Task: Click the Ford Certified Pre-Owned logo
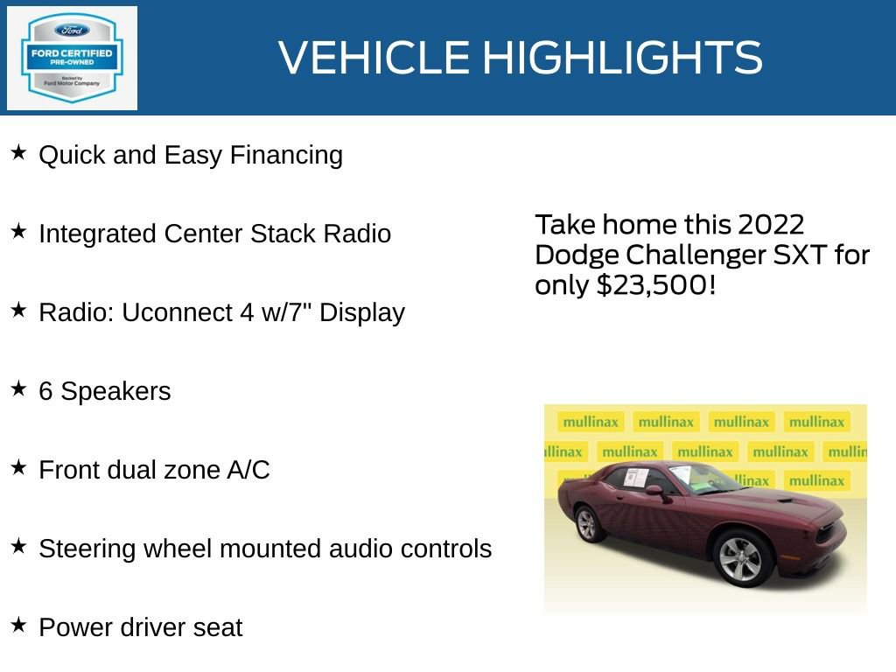tap(72, 58)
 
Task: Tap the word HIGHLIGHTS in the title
tap(622, 58)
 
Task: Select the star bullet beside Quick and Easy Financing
tap(18, 153)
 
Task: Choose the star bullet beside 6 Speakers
tap(18, 389)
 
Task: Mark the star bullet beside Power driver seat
tap(18, 626)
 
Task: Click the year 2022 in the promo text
tap(771, 225)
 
